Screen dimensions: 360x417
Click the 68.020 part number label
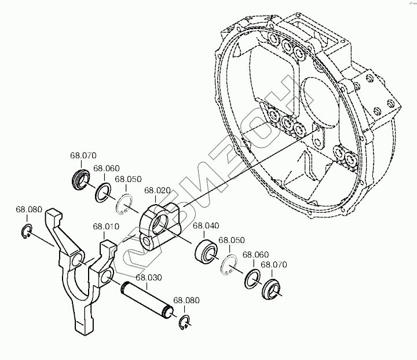[157, 190]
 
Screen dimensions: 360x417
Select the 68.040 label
[206, 226]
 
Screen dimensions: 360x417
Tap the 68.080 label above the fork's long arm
[29, 209]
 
